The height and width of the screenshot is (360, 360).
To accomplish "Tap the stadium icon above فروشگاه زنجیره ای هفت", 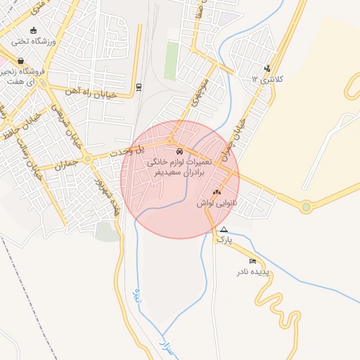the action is click(x=33, y=30).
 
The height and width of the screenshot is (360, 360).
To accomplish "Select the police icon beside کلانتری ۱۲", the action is click(x=266, y=68).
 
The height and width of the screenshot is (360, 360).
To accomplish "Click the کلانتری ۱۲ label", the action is click(x=267, y=80).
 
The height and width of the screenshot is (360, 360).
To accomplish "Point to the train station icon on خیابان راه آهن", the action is click(x=139, y=87).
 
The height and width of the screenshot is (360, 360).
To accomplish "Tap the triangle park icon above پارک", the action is click(x=224, y=230).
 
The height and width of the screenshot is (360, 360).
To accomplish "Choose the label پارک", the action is click(x=224, y=240).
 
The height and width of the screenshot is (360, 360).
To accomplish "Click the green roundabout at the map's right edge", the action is click(x=306, y=207).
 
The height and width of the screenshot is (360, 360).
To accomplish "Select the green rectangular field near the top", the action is click(x=171, y=61).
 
